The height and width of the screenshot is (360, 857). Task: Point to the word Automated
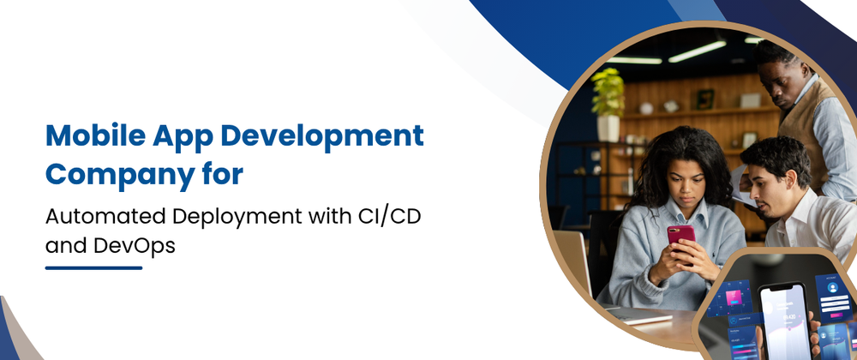click(x=105, y=216)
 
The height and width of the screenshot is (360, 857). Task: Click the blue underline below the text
click(x=93, y=268)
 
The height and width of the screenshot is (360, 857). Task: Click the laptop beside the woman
click(x=575, y=262)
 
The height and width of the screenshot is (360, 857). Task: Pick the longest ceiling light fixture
click(x=697, y=51)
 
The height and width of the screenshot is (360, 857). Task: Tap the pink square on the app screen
click(x=734, y=297)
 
